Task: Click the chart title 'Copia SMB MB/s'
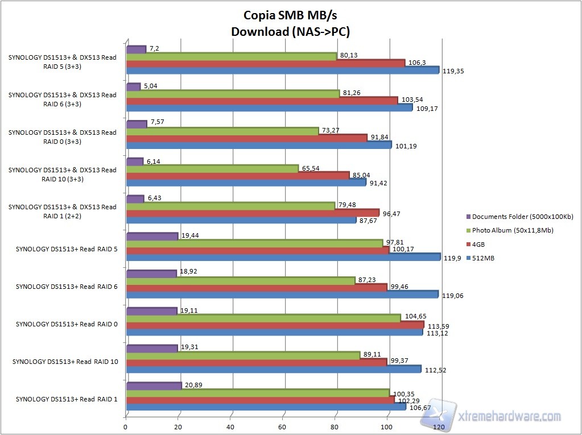pos(290,16)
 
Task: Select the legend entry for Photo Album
pos(512,230)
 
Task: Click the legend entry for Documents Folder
pos(515,217)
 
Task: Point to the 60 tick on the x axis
pos(283,426)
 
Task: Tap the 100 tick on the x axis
pos(387,426)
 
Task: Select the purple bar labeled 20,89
pos(154,386)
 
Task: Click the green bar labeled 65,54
pos(212,169)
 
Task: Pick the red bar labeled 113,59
pos(274,325)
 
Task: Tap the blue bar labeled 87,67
pos(241,219)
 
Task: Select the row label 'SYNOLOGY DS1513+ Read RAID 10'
pos(65,362)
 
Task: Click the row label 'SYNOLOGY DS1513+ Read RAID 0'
pos(67,324)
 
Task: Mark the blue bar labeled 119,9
pos(283,257)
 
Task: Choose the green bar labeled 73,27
pos(222,131)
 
